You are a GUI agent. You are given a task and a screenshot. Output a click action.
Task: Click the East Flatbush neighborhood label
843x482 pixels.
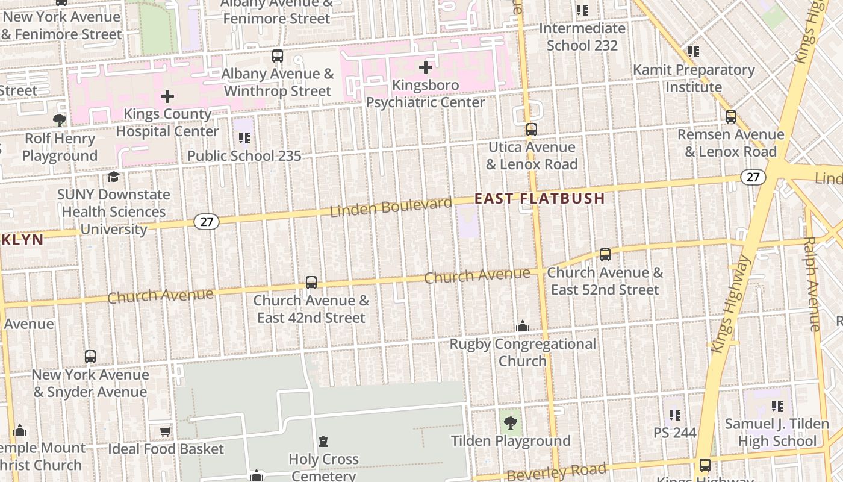pos(540,198)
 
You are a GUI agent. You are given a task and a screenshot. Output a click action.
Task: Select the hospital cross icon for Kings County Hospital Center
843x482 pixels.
pos(167,96)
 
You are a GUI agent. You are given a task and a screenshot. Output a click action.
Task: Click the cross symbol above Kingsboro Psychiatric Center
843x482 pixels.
pos(426,67)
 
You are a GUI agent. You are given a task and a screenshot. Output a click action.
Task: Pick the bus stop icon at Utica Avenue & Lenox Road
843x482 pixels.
pos(531,130)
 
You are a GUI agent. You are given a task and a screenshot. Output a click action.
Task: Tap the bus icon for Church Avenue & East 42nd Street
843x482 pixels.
pos(311,283)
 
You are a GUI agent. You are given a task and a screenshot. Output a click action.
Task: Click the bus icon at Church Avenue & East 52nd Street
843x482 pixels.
pos(605,255)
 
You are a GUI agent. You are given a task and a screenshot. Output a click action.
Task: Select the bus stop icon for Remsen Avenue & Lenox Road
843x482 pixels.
pos(731,117)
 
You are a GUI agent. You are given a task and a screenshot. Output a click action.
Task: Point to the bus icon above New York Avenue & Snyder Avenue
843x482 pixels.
pos(90,357)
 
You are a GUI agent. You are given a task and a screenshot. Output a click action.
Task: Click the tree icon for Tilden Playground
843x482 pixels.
pos(511,422)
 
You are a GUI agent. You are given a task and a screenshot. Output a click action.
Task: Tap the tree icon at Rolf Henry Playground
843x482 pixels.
pos(60,120)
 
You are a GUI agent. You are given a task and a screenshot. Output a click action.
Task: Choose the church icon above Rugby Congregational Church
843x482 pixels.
pos(523,326)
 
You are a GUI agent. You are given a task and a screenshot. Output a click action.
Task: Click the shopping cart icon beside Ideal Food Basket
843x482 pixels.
pos(165,431)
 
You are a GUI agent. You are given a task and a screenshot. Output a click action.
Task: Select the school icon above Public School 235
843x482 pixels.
pos(244,138)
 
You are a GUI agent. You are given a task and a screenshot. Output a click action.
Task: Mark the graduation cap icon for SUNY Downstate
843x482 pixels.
pos(113,177)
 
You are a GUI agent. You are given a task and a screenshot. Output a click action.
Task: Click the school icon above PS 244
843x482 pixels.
pos(675,415)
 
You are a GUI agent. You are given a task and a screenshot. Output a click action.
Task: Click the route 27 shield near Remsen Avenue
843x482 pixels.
pos(753,177)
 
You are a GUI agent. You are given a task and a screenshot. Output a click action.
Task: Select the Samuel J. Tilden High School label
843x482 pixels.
pos(777,433)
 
